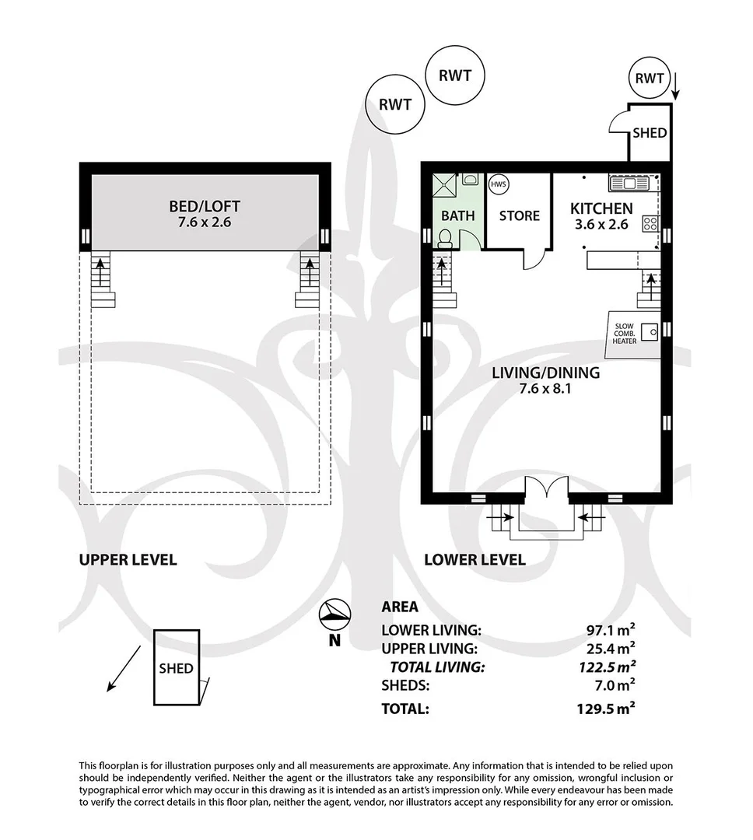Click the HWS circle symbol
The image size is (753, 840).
coord(498,185)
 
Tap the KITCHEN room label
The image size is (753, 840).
coord(601,208)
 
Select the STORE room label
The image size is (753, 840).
coord(519,215)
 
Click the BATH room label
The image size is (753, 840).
coord(457,215)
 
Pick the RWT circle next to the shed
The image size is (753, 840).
coord(650,79)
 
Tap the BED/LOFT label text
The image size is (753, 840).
coord(205,206)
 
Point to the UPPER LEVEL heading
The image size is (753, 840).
coord(128,559)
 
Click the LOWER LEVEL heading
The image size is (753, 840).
coord(474,559)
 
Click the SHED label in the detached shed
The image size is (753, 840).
coord(176,668)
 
